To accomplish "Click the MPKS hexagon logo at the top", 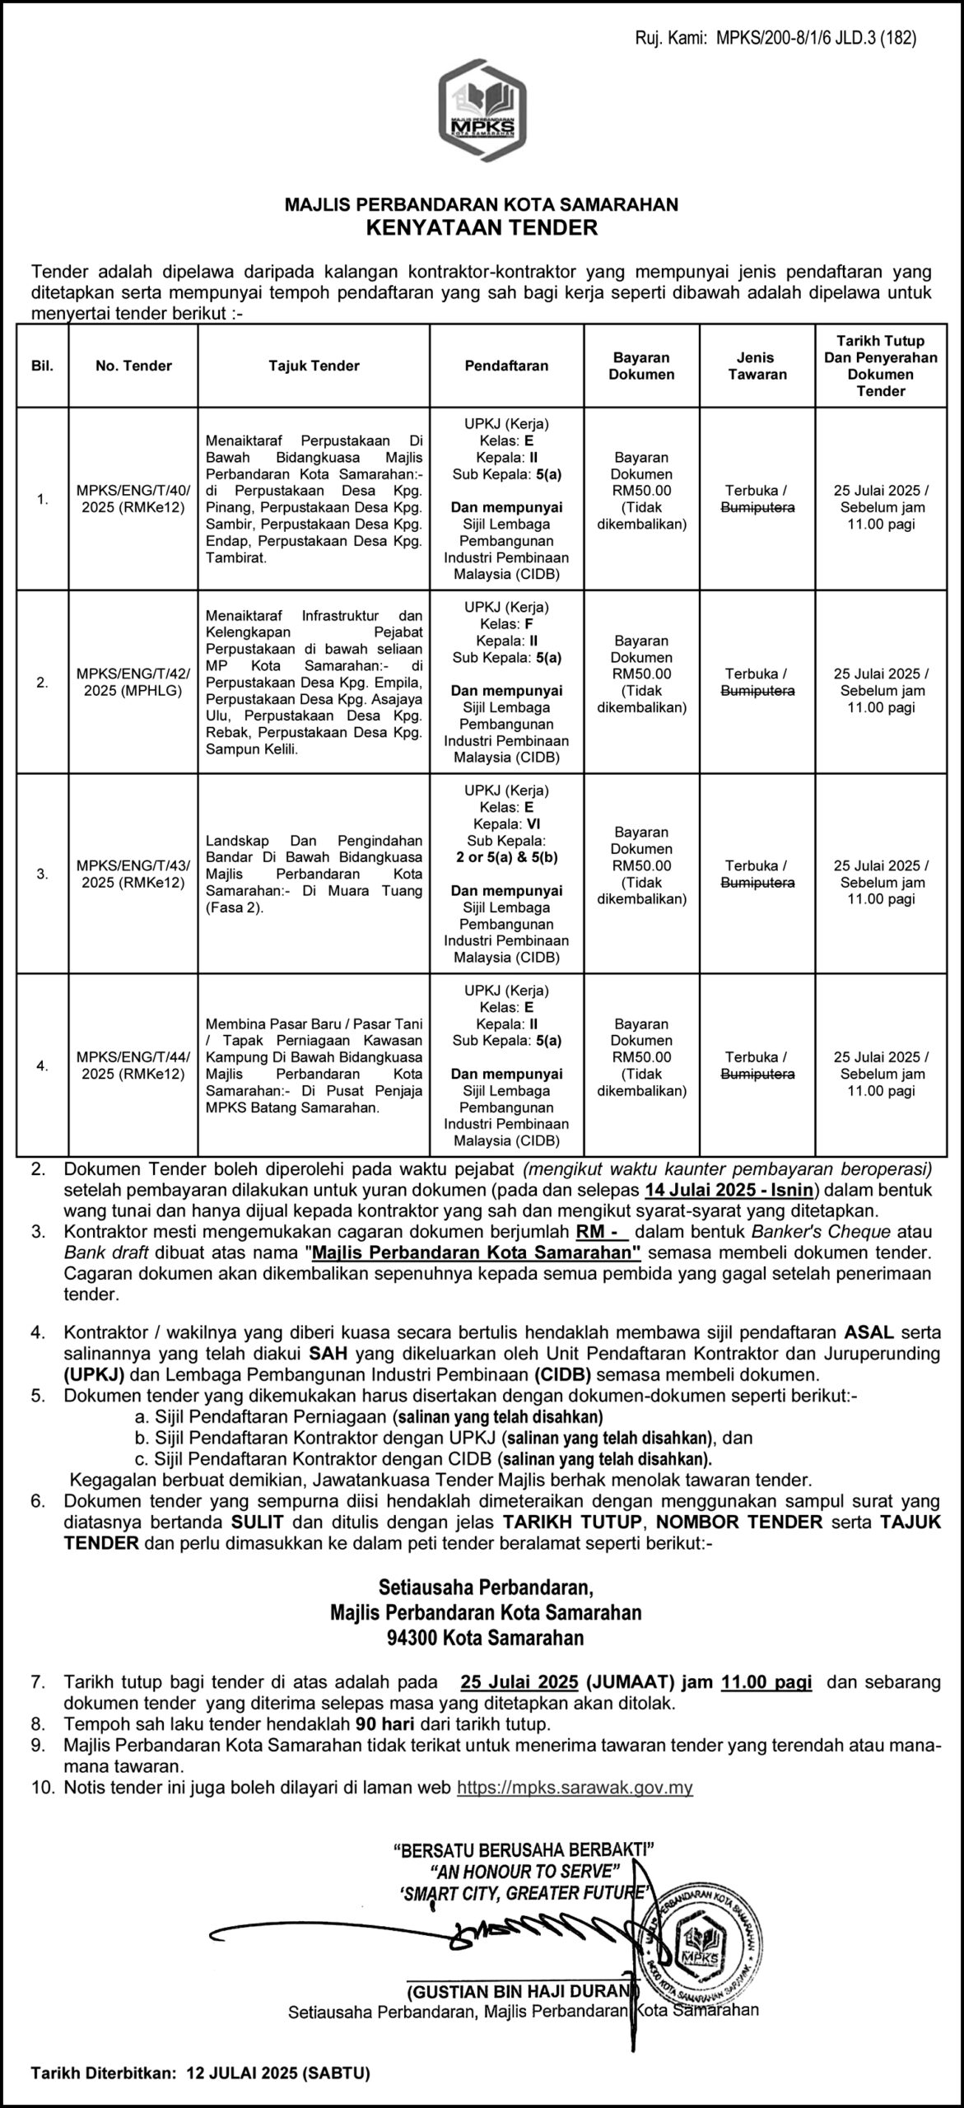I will click(482, 110).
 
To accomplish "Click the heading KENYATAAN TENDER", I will click(482, 226).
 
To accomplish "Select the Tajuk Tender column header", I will click(314, 366).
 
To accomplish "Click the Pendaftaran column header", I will click(506, 366).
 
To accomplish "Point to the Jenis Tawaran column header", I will click(757, 366).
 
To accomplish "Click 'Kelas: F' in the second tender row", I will click(506, 623).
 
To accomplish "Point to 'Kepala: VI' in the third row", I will click(506, 823).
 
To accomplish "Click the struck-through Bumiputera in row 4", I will click(757, 1074).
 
